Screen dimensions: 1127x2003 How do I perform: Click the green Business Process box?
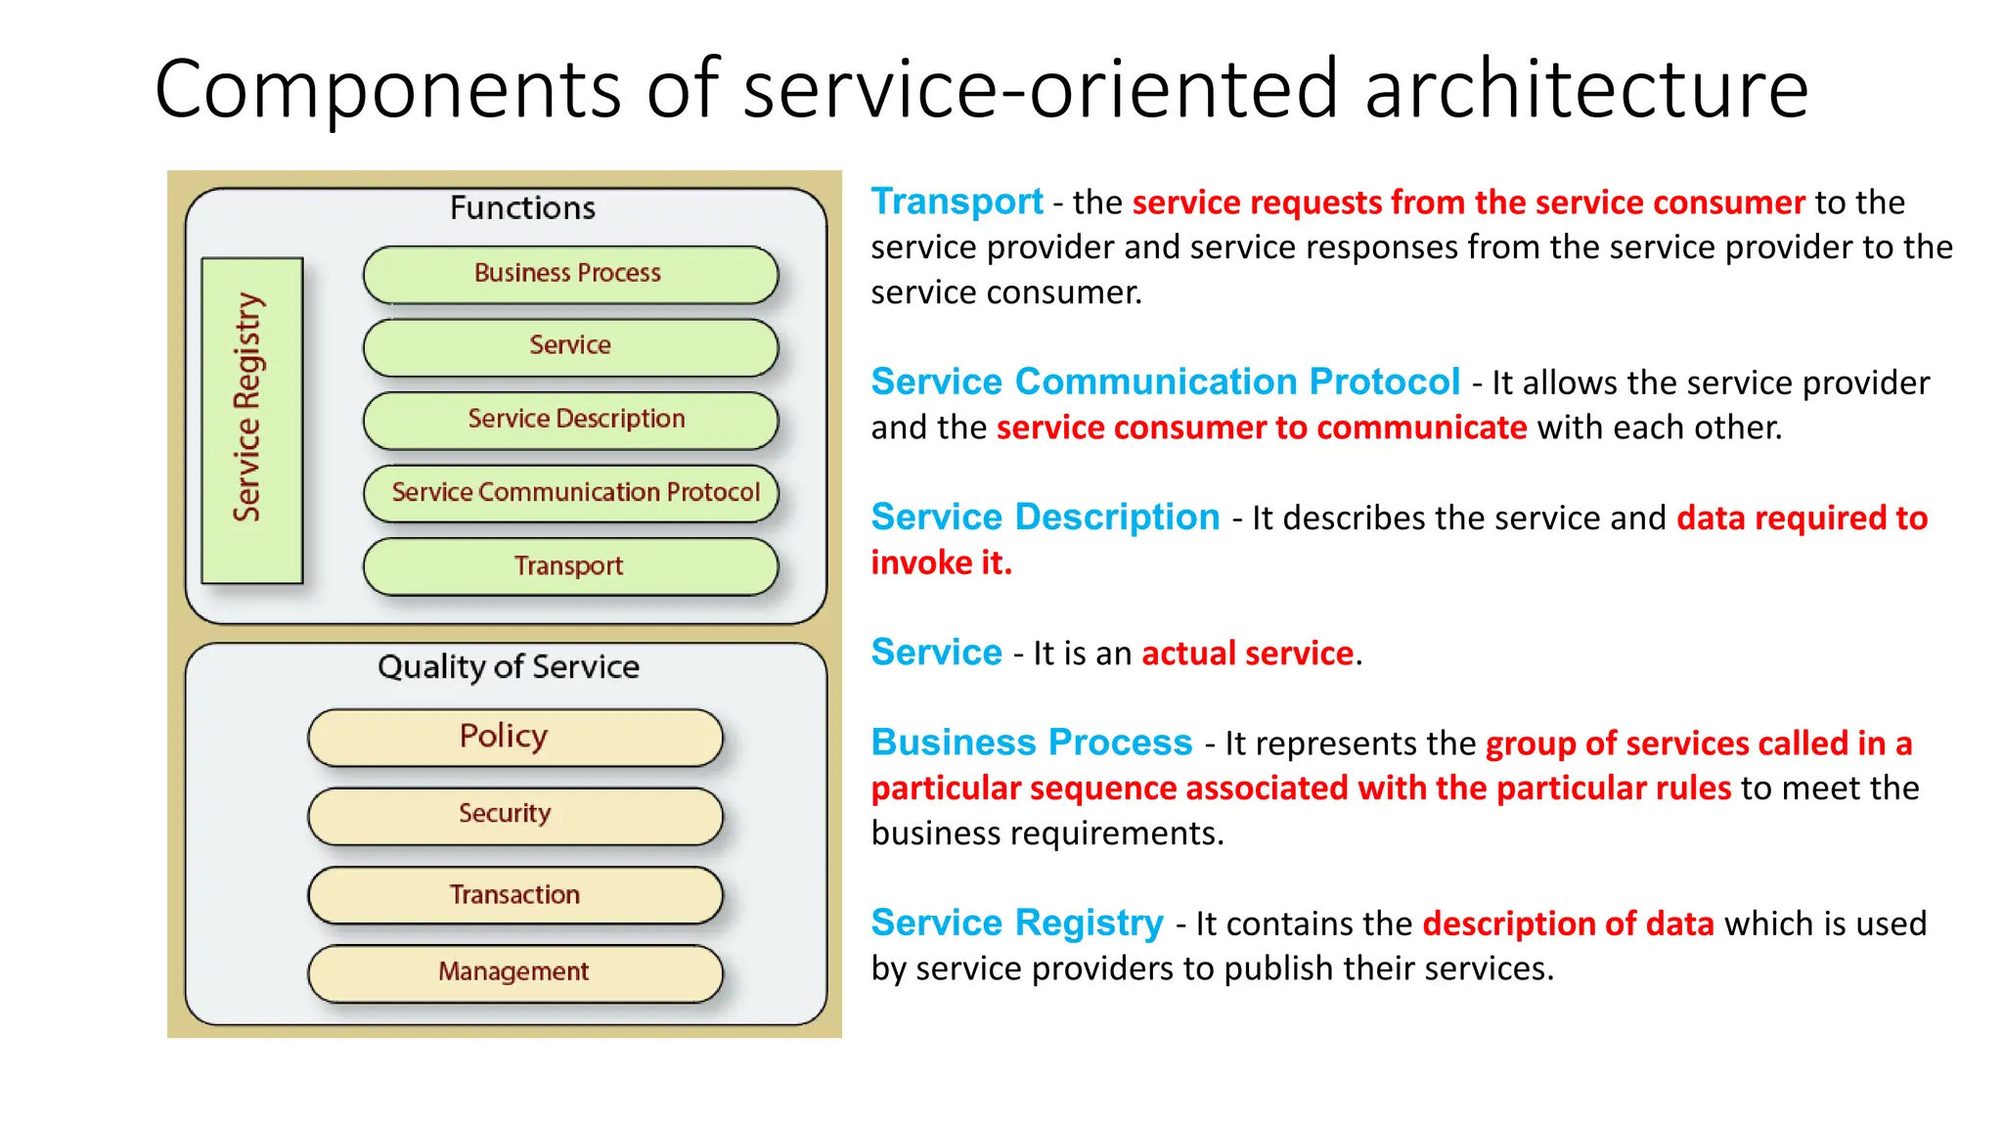tap(570, 274)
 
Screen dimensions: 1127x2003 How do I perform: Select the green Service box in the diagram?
tap(570, 346)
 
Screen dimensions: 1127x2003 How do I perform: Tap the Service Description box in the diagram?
tap(570, 420)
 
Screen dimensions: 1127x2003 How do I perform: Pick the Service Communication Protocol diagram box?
tap(570, 493)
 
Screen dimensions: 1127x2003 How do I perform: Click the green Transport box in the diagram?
tap(570, 566)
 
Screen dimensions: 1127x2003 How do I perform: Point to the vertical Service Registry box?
tap(251, 421)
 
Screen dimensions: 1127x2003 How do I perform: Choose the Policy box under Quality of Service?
tap(514, 737)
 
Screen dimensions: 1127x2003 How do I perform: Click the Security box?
tap(514, 815)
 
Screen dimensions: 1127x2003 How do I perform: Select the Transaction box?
tap(514, 895)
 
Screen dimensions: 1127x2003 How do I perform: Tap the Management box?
tap(514, 972)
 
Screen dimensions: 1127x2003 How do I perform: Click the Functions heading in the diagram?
tap(522, 208)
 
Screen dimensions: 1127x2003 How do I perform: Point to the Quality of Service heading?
tap(509, 667)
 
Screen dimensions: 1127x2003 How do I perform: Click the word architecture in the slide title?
tap(1585, 90)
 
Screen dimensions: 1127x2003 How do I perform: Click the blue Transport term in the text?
tap(957, 202)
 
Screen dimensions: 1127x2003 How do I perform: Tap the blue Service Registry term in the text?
tap(1017, 923)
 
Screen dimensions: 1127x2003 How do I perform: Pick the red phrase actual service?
tap(1248, 654)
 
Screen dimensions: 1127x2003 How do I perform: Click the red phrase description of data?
tap(1568, 924)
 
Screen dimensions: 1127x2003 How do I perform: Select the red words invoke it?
tap(941, 563)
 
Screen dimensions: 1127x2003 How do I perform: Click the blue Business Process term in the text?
tap(1032, 743)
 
